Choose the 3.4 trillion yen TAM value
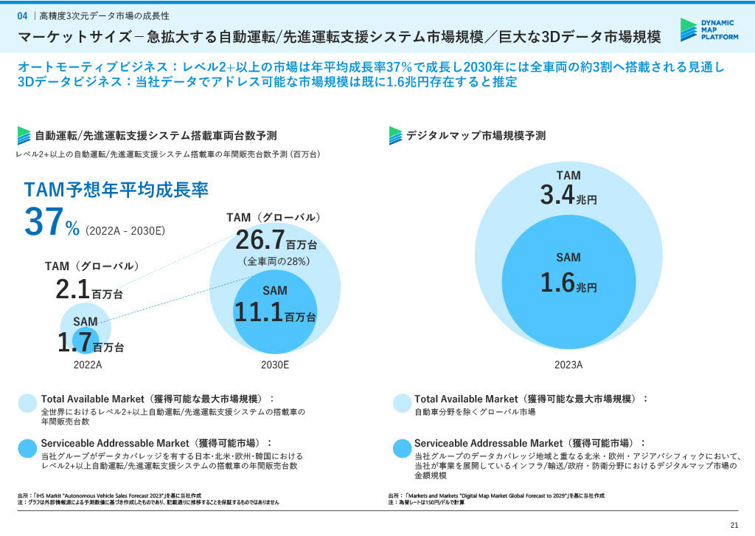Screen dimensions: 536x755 [x=568, y=196]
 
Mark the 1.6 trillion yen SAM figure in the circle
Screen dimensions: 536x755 [x=568, y=284]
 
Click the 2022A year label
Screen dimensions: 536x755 [x=88, y=365]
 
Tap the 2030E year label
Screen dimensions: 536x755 [x=275, y=365]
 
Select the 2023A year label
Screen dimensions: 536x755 [x=568, y=365]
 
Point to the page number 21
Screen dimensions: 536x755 [x=734, y=525]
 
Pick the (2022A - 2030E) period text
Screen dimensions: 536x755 [x=125, y=231]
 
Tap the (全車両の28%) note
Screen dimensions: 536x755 [x=276, y=261]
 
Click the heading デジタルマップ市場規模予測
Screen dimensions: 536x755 [x=476, y=136]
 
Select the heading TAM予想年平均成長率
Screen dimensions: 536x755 [x=116, y=190]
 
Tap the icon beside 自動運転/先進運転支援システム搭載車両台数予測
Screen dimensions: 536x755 [x=24, y=136]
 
